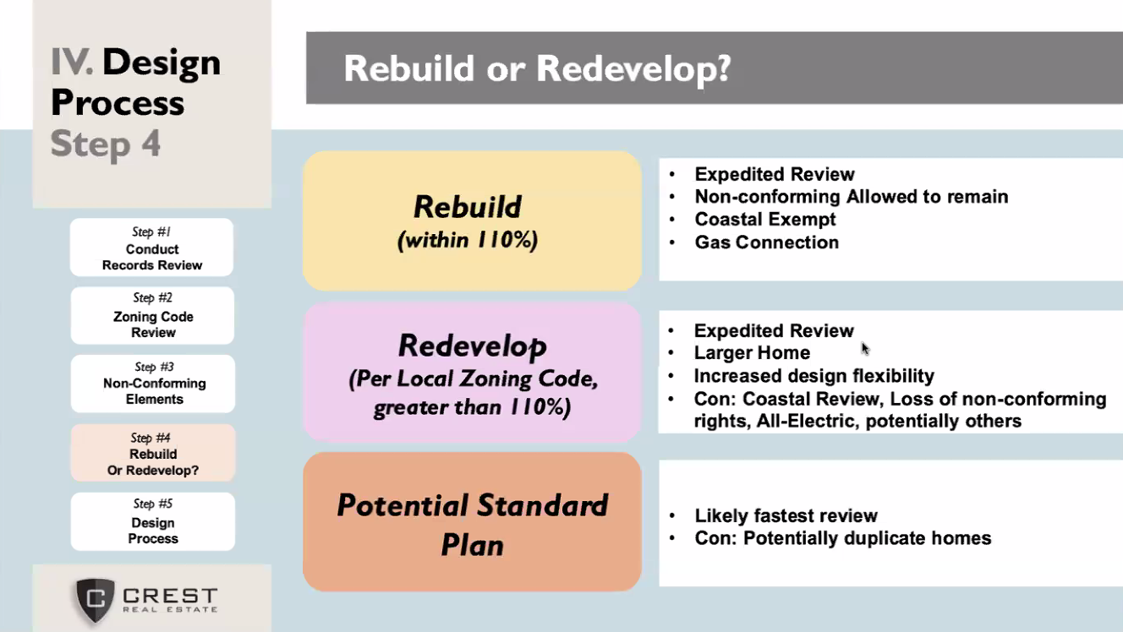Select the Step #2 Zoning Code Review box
(152, 316)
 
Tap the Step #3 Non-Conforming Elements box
(153, 384)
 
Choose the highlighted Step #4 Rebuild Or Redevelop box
(153, 454)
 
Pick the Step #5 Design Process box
(153, 522)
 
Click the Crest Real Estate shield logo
(95, 600)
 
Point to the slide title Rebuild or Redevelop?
(537, 68)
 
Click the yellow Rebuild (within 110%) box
(472, 221)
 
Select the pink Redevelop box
(472, 373)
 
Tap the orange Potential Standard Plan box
(472, 522)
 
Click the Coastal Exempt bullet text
(765, 220)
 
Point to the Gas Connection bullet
(767, 242)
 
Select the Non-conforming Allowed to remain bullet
(852, 197)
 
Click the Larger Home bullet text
(752, 353)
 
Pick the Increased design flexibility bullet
(814, 376)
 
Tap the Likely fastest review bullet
(786, 515)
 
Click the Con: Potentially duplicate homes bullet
(843, 538)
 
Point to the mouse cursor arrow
(865, 348)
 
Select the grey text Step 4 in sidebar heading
(106, 144)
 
